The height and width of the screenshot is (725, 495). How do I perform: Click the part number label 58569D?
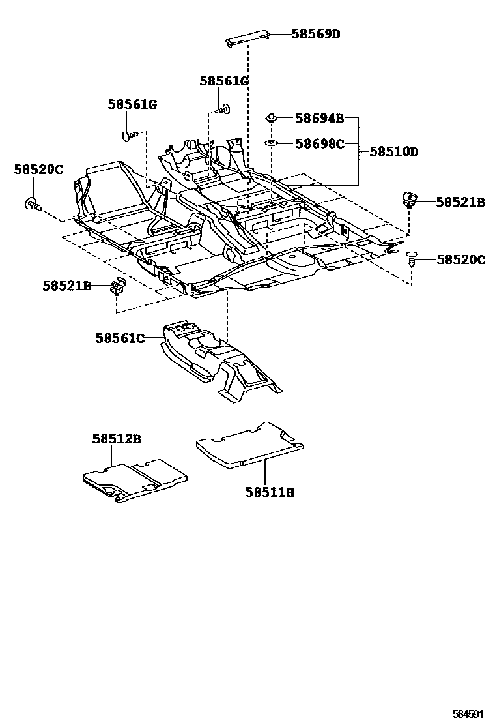click(316, 34)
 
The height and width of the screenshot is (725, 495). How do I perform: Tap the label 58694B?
click(320, 119)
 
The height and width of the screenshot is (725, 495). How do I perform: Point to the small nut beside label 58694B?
click(271, 118)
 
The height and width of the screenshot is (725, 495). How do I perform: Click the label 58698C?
click(320, 144)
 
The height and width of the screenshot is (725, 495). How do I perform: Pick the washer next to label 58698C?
click(270, 143)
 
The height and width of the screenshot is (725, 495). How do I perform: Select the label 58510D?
click(394, 152)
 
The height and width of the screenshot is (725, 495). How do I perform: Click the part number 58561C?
click(120, 338)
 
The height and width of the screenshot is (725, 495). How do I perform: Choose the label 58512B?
click(117, 438)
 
